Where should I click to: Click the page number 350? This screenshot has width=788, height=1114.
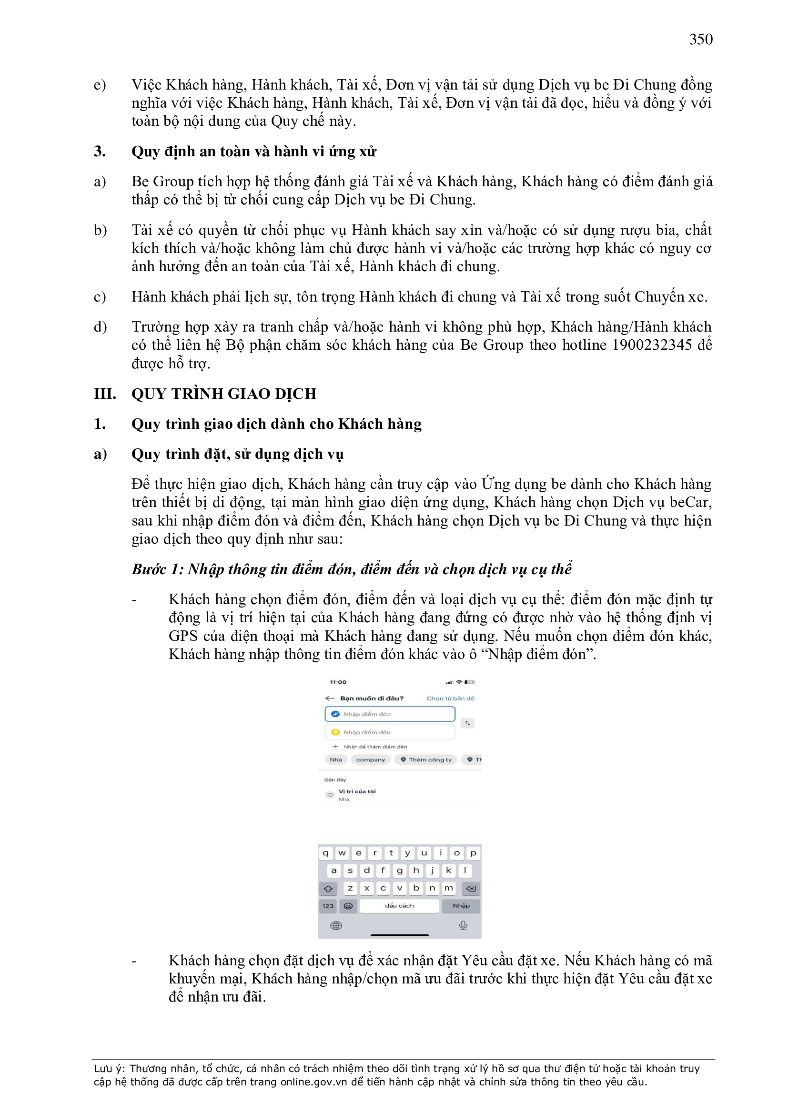click(x=701, y=39)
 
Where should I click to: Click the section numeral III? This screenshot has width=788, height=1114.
click(x=105, y=394)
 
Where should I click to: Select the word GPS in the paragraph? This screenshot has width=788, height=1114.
click(x=183, y=636)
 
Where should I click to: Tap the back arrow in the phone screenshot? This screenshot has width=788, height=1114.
click(x=330, y=698)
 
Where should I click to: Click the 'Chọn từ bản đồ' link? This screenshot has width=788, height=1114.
click(x=450, y=698)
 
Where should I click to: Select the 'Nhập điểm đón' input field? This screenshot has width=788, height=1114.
click(x=390, y=714)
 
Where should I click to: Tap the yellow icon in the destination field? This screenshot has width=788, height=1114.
click(x=335, y=732)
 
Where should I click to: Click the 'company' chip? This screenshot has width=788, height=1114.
click(x=370, y=760)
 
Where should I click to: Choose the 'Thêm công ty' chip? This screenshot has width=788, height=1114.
click(x=426, y=760)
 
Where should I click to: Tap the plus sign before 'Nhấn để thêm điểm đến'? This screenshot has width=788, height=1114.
click(x=335, y=747)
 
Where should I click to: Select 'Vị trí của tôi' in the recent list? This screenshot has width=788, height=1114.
click(x=357, y=791)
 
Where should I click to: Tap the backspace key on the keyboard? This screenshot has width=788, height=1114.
click(x=471, y=888)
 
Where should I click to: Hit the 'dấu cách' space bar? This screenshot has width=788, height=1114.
click(x=399, y=906)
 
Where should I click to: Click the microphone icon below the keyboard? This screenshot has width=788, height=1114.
click(x=463, y=925)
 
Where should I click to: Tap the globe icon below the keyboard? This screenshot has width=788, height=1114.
click(x=336, y=926)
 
